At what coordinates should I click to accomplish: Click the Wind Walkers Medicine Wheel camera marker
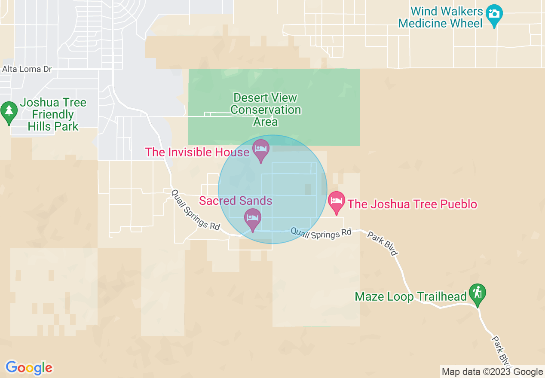click(x=494, y=14)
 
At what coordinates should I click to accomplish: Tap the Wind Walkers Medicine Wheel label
click(x=441, y=17)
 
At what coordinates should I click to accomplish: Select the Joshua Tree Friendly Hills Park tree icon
click(x=9, y=111)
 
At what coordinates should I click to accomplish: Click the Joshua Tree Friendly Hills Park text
click(x=53, y=115)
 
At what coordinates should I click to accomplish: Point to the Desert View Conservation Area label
click(x=266, y=110)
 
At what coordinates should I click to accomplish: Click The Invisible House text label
click(x=197, y=152)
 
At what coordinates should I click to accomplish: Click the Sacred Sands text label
click(x=236, y=201)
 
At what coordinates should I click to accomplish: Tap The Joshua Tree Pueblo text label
click(x=412, y=204)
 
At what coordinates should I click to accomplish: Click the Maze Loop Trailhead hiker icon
click(x=477, y=294)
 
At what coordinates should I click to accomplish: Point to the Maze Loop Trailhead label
click(x=410, y=296)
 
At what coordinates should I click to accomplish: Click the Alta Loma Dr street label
click(x=27, y=69)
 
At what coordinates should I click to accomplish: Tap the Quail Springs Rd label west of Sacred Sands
click(x=196, y=210)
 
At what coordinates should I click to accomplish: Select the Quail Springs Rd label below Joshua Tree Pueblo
click(x=321, y=232)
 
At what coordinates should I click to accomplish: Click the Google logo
click(x=29, y=368)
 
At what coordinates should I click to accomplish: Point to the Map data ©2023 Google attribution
click(x=493, y=372)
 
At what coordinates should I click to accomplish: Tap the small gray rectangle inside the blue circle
click(x=308, y=189)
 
